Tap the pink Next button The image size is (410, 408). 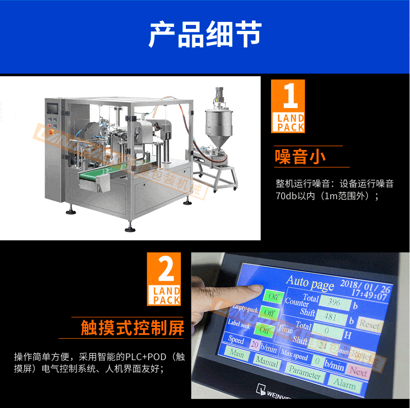point(358,371)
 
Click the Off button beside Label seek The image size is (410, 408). point(264,330)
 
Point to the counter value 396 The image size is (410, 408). point(335,302)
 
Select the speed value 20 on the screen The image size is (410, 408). point(255,344)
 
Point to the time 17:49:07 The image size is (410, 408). point(369,296)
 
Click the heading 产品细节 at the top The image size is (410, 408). point(205,34)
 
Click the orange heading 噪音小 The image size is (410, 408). point(300,156)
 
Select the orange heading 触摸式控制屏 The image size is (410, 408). point(132,327)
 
